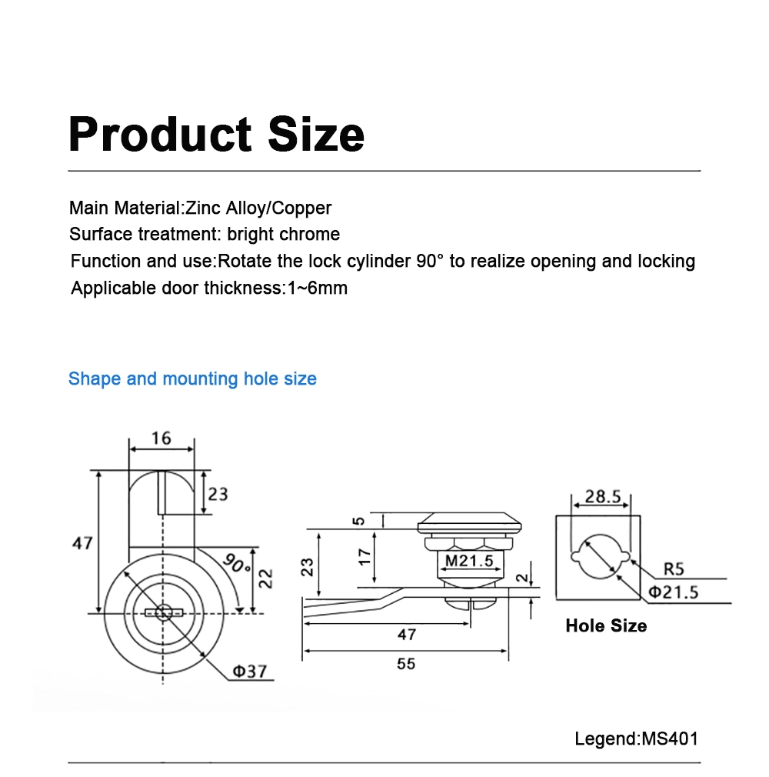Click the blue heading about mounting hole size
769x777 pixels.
coord(192,378)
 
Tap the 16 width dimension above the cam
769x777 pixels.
coord(161,439)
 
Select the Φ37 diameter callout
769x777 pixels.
coord(249,671)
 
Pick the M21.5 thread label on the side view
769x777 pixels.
coord(470,561)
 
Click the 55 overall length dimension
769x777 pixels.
coord(406,663)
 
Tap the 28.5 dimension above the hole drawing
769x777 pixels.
coord(602,497)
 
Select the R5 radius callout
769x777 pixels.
coord(674,569)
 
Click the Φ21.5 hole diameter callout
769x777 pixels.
coord(673,592)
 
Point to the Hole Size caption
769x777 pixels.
coord(606,625)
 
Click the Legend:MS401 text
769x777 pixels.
coord(637,739)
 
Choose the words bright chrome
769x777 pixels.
coord(284,234)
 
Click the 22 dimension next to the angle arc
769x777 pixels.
coord(265,579)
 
